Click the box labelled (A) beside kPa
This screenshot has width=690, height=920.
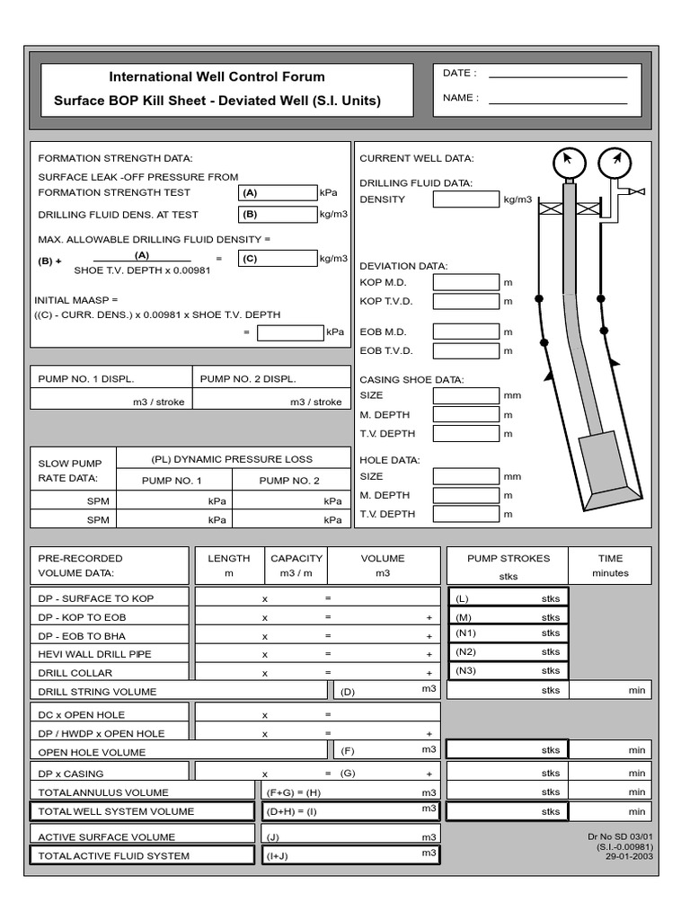(x=278, y=192)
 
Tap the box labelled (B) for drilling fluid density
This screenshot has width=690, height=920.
(x=278, y=215)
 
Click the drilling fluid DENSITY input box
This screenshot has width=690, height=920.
(x=465, y=199)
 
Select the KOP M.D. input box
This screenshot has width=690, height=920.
(x=465, y=282)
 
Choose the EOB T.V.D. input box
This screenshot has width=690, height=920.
(x=465, y=350)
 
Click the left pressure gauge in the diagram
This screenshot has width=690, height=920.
(x=569, y=163)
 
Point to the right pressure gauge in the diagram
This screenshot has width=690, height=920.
(x=615, y=163)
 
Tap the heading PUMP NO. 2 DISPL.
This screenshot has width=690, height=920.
(x=248, y=378)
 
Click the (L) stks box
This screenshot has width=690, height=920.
(x=508, y=597)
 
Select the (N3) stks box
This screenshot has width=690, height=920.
(x=508, y=670)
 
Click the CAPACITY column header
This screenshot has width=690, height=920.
(x=296, y=558)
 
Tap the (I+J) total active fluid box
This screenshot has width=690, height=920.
(x=350, y=855)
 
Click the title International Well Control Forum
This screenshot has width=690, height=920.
(x=217, y=77)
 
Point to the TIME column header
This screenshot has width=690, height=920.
(x=610, y=558)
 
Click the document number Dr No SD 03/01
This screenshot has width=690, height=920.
(x=620, y=836)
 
